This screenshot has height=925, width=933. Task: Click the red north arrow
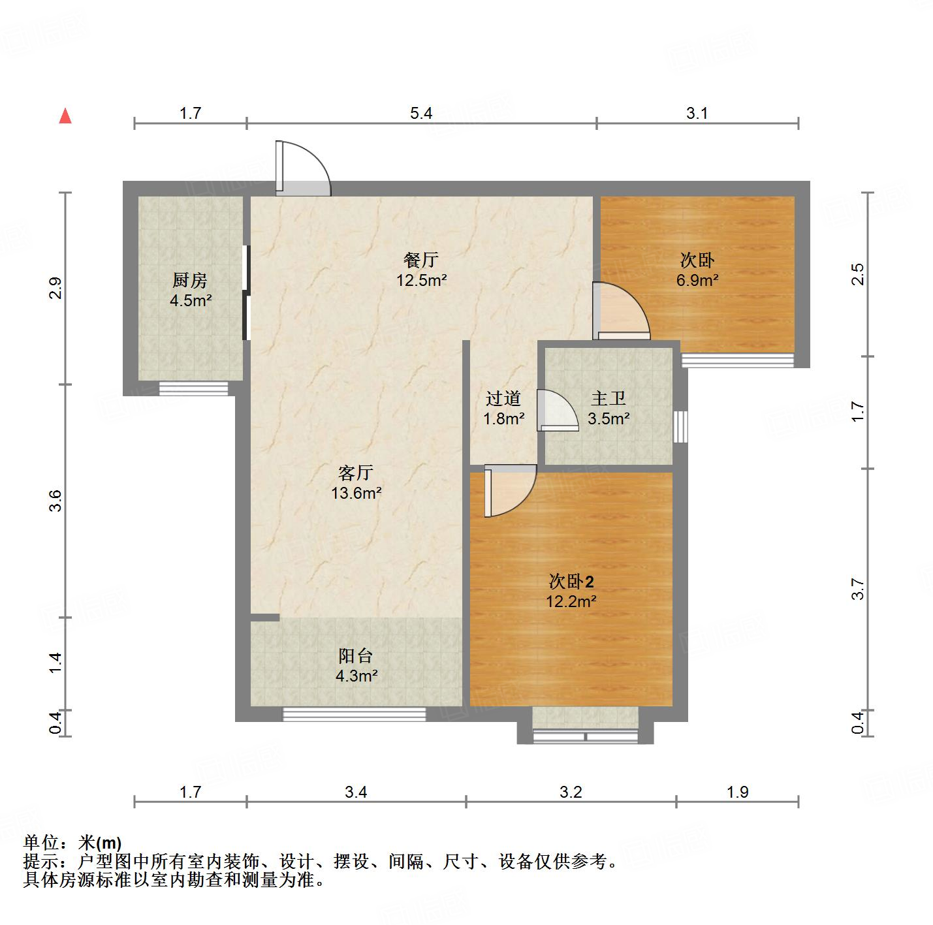click(x=65, y=116)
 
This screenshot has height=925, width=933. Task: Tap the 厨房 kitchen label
click(x=190, y=281)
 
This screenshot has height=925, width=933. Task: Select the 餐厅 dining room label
click(x=421, y=260)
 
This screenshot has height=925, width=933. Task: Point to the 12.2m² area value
click(x=571, y=601)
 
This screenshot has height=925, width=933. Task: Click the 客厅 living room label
click(x=356, y=473)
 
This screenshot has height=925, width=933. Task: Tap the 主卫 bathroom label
click(x=609, y=398)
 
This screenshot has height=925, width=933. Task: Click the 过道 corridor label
click(x=503, y=398)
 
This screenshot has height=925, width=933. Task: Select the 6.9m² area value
click(x=697, y=281)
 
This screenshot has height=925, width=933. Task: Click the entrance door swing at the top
click(x=303, y=168)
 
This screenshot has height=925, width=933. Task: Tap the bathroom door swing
click(x=557, y=411)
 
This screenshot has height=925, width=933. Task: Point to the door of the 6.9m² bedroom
click(x=621, y=311)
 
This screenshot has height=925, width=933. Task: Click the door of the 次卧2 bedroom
click(x=509, y=490)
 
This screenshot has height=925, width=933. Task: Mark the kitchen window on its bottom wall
click(x=193, y=389)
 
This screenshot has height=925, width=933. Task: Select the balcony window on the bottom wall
click(x=354, y=714)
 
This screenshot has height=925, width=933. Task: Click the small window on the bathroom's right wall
click(x=680, y=427)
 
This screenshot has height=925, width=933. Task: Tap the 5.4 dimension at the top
click(x=421, y=114)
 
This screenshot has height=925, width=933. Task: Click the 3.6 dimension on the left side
click(x=56, y=500)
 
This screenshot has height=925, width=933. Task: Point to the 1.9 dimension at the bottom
click(x=737, y=792)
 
